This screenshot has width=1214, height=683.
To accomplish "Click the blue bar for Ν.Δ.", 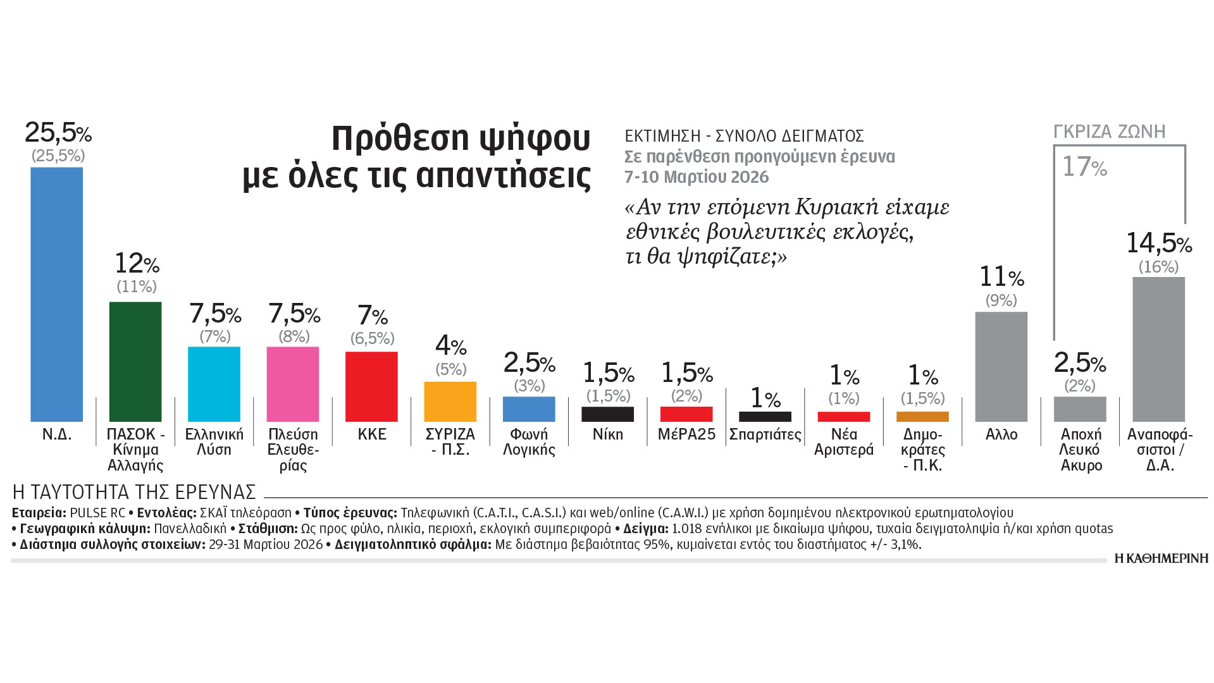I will click(x=56, y=294).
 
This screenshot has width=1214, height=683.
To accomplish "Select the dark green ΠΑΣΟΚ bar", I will click(x=135, y=361).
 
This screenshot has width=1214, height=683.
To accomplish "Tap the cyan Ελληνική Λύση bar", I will click(x=214, y=384).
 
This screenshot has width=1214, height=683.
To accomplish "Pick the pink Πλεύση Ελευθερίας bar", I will click(x=293, y=384).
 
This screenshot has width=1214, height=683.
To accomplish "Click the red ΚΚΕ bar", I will click(x=371, y=386).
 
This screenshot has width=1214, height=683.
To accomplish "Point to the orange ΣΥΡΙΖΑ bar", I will click(x=450, y=402).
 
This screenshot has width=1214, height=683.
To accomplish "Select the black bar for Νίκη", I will click(x=607, y=414).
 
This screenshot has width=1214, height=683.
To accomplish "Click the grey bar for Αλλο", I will click(x=1001, y=367).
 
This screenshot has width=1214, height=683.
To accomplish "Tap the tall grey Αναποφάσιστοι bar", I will click(x=1158, y=349).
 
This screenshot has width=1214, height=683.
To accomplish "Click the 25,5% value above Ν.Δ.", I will click(x=58, y=133).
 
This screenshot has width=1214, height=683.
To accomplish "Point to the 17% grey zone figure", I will click(x=1084, y=167).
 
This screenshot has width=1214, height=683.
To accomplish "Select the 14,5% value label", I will click(x=1158, y=243).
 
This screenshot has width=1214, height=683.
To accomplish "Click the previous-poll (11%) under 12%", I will click(x=137, y=286).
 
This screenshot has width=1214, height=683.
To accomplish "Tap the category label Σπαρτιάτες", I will click(x=765, y=434).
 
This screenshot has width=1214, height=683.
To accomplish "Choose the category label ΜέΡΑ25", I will click(x=686, y=434).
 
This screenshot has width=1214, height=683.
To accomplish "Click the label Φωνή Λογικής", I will click(x=529, y=442).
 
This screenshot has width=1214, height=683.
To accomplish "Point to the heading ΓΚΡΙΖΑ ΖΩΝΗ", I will click(x=1109, y=132).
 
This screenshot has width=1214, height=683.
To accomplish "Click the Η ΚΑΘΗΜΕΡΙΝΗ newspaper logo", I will click(x=1161, y=558).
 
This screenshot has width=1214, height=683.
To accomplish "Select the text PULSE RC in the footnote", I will click(x=97, y=512).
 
